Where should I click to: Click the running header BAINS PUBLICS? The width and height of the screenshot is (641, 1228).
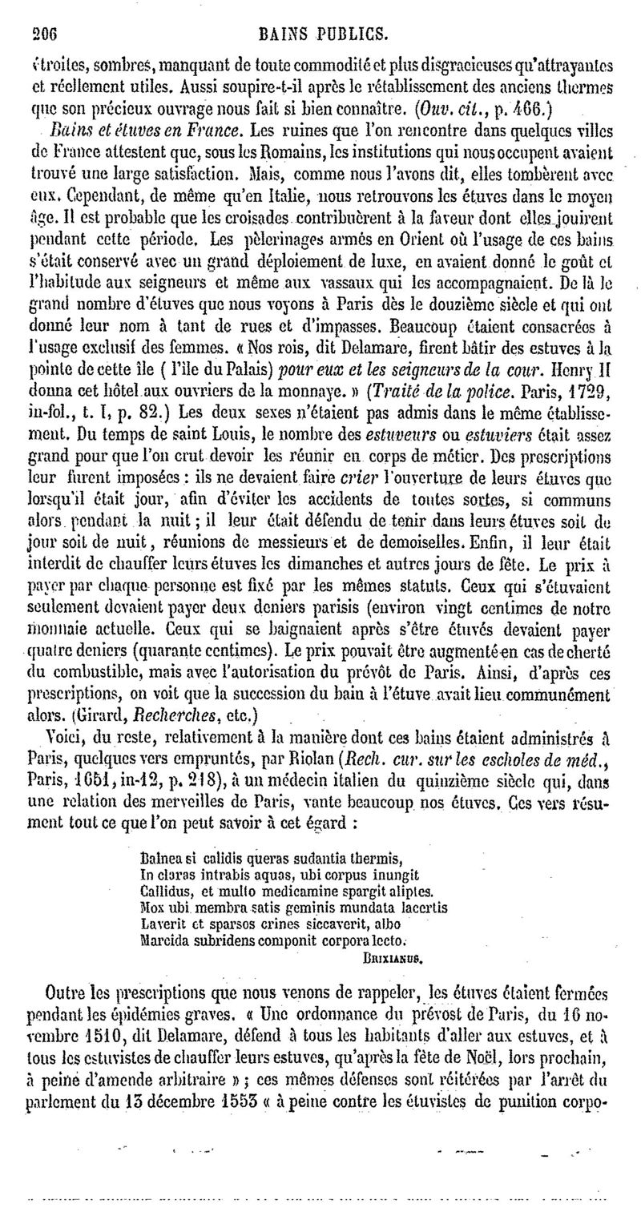coord(330,34)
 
